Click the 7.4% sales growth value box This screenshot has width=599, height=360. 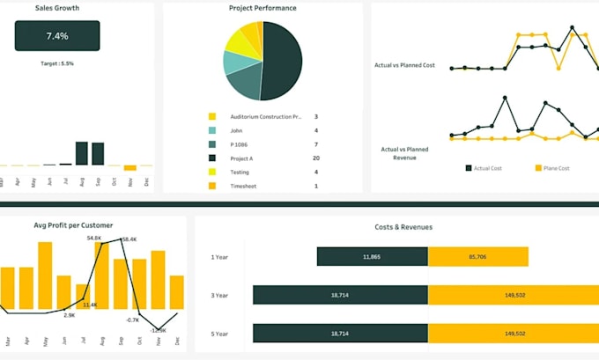click(x=57, y=36)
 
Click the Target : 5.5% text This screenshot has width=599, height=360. click(x=57, y=64)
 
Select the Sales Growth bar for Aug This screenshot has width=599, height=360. click(x=81, y=153)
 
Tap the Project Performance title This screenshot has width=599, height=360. click(x=263, y=8)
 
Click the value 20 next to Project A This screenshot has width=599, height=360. click(x=315, y=158)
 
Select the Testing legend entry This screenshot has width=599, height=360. click(x=240, y=172)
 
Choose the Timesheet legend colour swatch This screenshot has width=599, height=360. click(x=212, y=186)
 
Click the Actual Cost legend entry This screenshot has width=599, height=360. click(x=485, y=168)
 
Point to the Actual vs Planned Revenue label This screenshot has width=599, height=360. click(x=404, y=154)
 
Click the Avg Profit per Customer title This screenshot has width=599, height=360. click(x=73, y=225)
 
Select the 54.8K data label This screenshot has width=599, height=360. click(x=94, y=239)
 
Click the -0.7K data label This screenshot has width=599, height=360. click(x=132, y=320)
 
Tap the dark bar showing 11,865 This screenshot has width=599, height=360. click(x=372, y=257)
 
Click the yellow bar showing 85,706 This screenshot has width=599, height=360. click(x=478, y=257)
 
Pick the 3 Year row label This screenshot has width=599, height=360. click(x=220, y=295)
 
